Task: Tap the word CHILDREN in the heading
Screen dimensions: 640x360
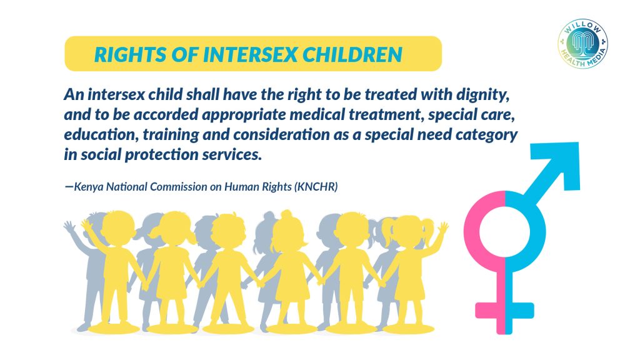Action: pyautogui.click(x=352, y=55)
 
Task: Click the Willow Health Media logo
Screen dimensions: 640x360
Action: pyautogui.click(x=583, y=43)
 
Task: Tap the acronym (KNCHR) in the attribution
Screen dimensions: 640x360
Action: pyautogui.click(x=316, y=187)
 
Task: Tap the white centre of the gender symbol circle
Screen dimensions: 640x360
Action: pyautogui.click(x=504, y=232)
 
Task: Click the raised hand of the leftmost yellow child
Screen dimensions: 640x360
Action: pyautogui.click(x=86, y=224)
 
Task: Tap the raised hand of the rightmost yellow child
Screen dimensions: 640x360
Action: pyautogui.click(x=443, y=226)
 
